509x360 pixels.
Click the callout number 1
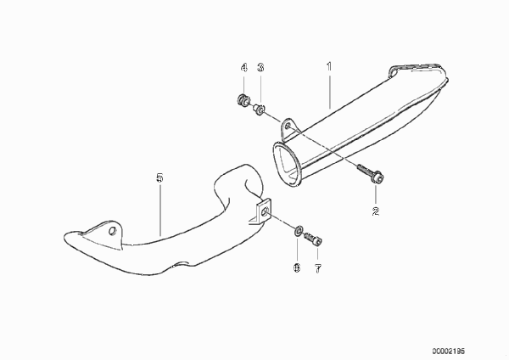(329, 66)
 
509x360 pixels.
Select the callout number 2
(376, 211)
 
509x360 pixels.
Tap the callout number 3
(260, 67)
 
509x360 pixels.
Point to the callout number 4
(244, 68)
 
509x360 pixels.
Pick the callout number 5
(159, 177)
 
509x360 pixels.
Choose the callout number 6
(297, 268)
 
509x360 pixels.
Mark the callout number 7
(318, 268)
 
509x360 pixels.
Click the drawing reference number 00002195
(448, 351)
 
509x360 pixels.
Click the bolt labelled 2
(371, 173)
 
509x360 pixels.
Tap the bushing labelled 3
(260, 109)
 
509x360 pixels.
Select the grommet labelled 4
(243, 99)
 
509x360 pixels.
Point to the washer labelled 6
(299, 231)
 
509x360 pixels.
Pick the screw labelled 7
(313, 239)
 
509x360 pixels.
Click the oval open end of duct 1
(286, 163)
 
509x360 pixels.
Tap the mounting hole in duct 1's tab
(288, 126)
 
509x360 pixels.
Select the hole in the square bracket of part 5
(265, 213)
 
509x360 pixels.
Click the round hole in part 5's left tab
(112, 231)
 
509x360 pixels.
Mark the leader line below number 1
(330, 92)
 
